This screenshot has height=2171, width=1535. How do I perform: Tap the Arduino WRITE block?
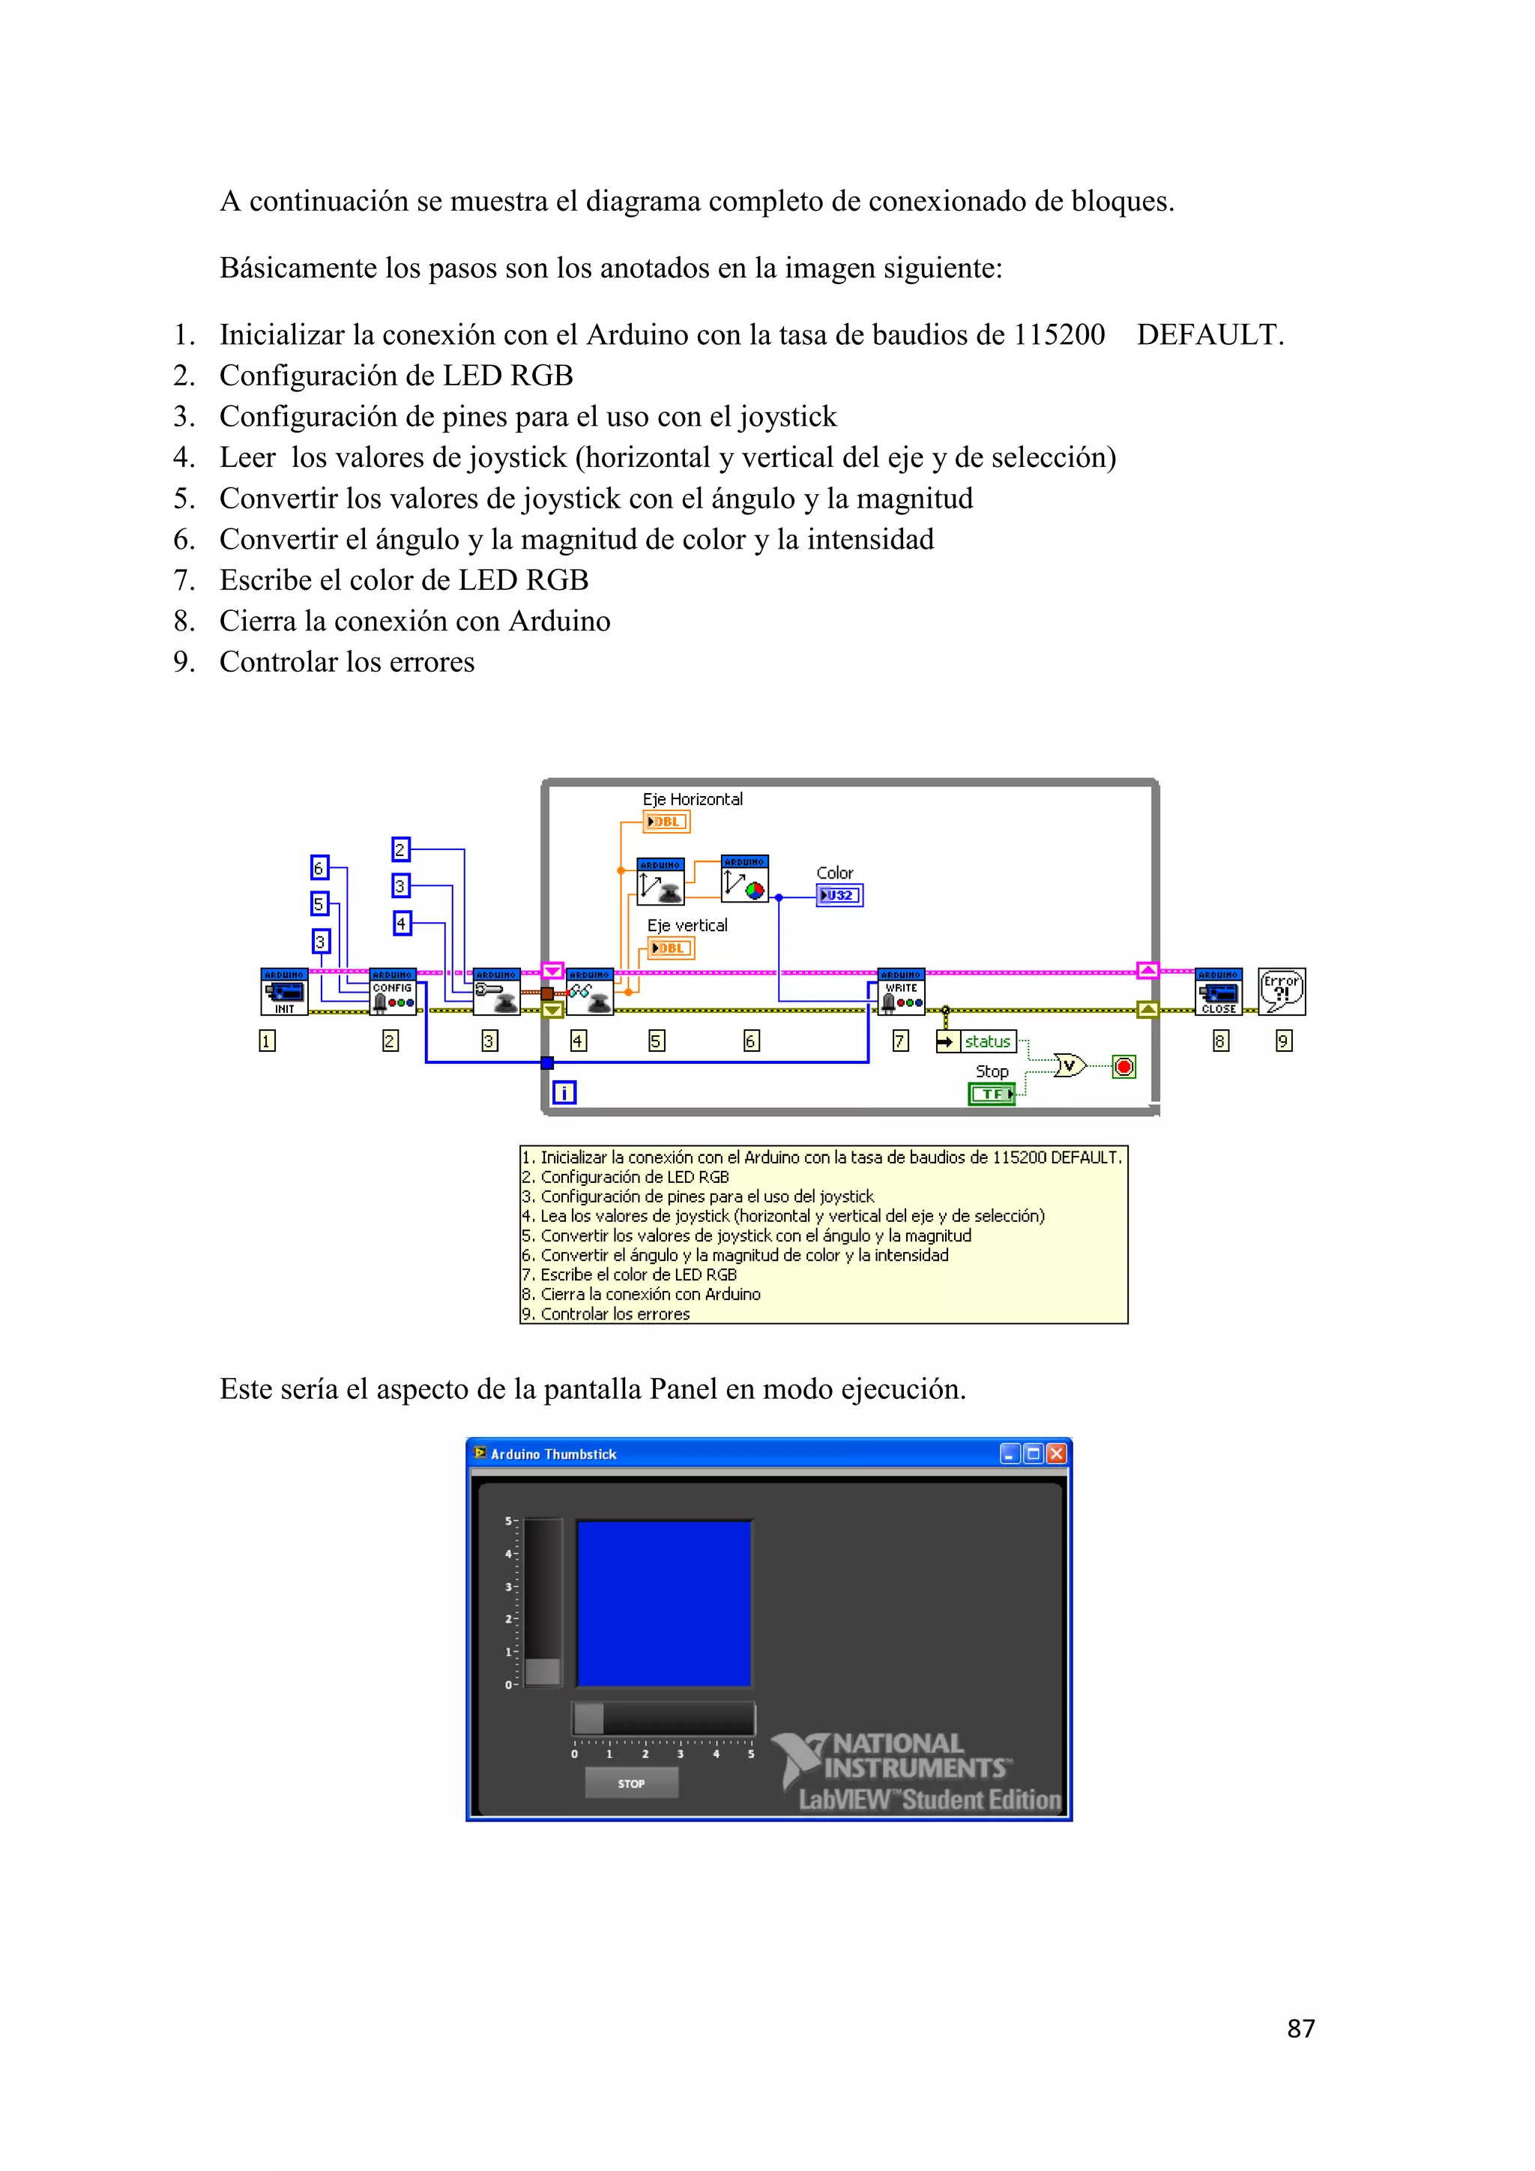pyautogui.click(x=902, y=991)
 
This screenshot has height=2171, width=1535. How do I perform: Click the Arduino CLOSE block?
pyautogui.click(x=1219, y=991)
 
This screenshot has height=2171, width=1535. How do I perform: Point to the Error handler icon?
pyautogui.click(x=1282, y=991)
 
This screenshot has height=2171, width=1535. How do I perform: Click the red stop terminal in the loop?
pyautogui.click(x=1124, y=1067)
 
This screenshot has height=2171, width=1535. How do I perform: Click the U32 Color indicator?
pyautogui.click(x=839, y=894)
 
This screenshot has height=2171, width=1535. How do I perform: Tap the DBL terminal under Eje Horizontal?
pyautogui.click(x=666, y=822)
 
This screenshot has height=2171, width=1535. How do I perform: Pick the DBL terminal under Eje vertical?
pyautogui.click(x=671, y=948)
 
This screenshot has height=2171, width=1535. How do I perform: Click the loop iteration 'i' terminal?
pyautogui.click(x=564, y=1093)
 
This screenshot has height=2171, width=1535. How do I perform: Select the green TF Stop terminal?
pyautogui.click(x=992, y=1094)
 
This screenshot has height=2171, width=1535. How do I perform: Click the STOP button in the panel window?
pyautogui.click(x=631, y=1783)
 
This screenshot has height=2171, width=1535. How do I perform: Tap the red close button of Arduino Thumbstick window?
pyautogui.click(x=1057, y=1454)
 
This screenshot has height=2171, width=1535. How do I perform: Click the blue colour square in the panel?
pyautogui.click(x=663, y=1604)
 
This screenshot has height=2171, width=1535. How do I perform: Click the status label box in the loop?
pyautogui.click(x=987, y=1041)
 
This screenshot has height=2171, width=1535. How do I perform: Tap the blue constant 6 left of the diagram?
pyautogui.click(x=319, y=867)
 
